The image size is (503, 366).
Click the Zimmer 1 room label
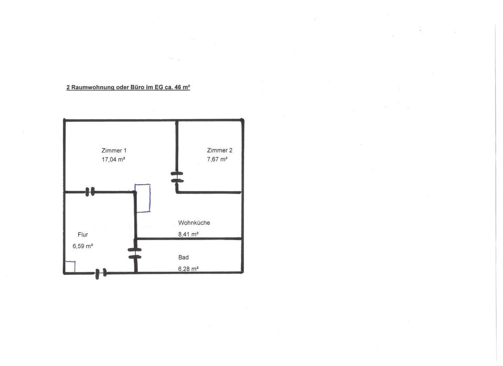pos(114,150)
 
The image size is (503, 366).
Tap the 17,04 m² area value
pos(113,159)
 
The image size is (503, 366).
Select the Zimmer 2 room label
pos(220,150)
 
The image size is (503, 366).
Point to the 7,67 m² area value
pos(217,159)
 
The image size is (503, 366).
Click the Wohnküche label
pos(194,223)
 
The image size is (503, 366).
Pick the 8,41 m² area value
pos(188,234)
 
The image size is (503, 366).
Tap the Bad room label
pos(183,257)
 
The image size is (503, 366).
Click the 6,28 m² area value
pos(188,269)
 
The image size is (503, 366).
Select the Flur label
pos(83,234)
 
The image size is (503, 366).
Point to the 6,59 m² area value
pos(83,245)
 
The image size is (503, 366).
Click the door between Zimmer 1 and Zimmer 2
pos(177,177)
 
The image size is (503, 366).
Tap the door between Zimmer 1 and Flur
pos(90,192)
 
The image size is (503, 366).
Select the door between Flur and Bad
pos(135,253)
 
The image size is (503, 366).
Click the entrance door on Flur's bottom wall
pos(101,273)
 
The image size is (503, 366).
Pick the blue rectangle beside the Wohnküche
pos(143,198)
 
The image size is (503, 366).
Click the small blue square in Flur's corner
pos(70,267)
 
